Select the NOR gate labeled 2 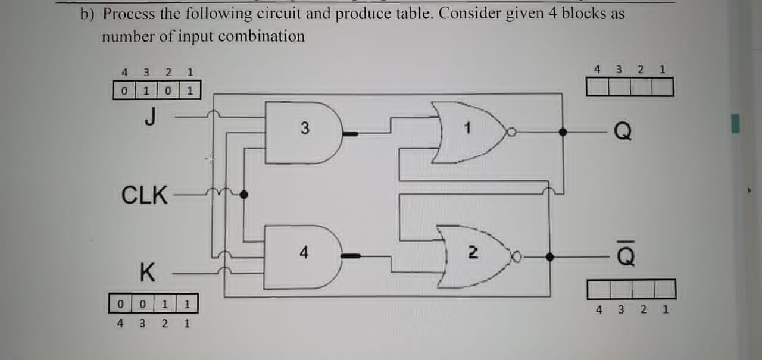[473, 256]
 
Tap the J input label [151, 117]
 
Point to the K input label [147, 273]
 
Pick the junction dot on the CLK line [243, 193]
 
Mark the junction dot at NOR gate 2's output [549, 257]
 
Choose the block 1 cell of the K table [187, 304]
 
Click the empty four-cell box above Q [630, 87]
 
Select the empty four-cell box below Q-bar [632, 290]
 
